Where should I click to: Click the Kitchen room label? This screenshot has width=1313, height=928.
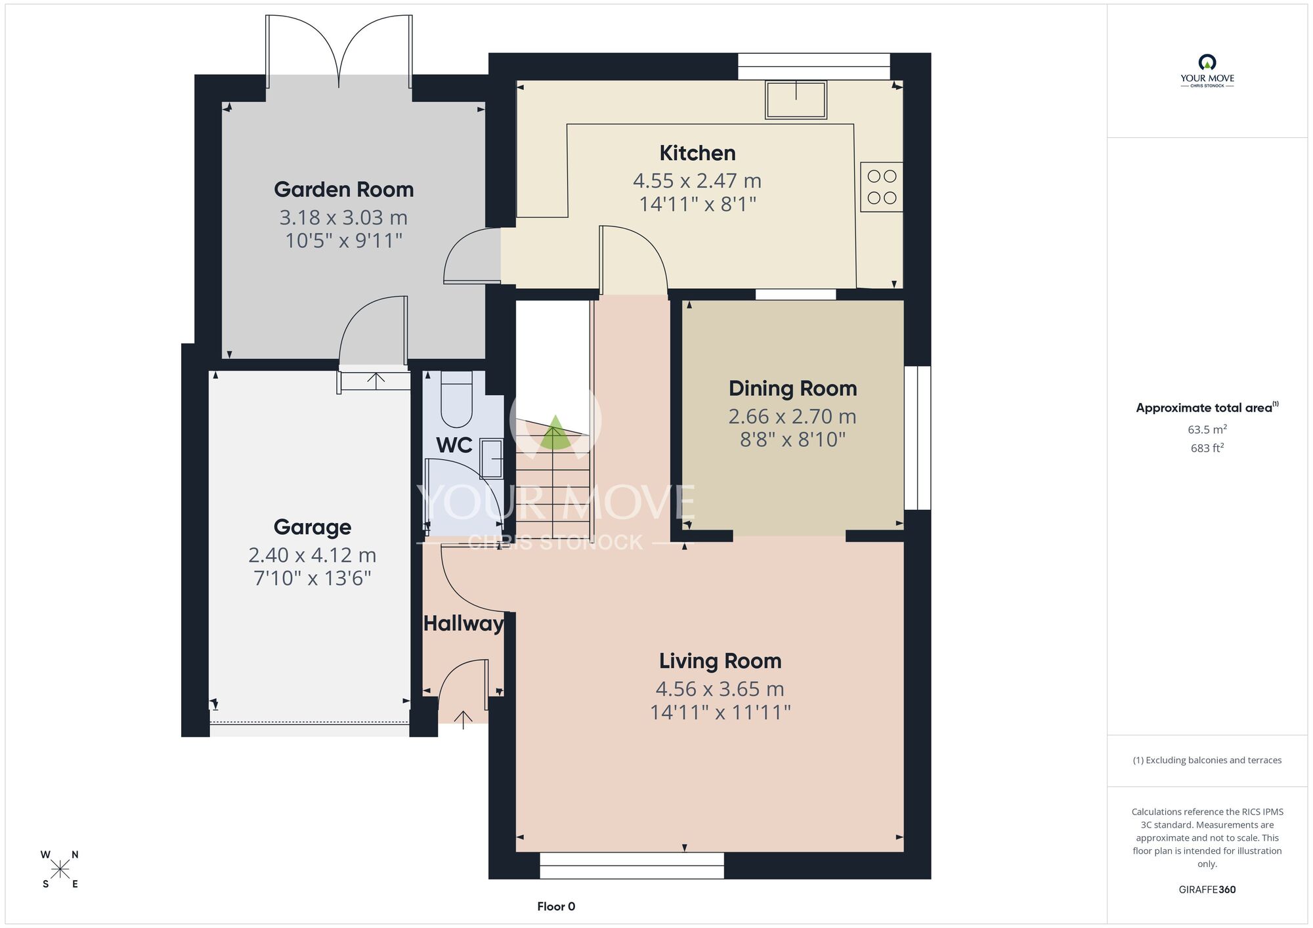coord(697,153)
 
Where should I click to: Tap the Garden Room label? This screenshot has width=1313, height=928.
coord(344,190)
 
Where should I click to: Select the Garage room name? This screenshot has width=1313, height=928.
coord(312,527)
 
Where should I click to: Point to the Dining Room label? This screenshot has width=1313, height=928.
coord(793,389)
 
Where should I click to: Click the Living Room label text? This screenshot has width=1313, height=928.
coord(720,661)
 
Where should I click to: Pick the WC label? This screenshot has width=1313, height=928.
coord(454,446)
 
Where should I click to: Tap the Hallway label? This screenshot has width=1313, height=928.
coord(463,623)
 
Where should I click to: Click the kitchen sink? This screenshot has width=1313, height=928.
coord(796,100)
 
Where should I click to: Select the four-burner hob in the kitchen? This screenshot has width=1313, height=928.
coord(882,187)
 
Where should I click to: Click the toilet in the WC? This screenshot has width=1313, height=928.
coord(456,400)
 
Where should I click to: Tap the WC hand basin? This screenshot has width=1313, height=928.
coord(491,459)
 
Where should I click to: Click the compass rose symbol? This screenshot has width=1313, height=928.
coord(60,870)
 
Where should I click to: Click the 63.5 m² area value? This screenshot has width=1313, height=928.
coord(1207,430)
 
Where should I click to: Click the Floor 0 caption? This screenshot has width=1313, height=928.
coord(556,906)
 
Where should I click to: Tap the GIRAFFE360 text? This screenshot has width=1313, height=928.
coord(1207,890)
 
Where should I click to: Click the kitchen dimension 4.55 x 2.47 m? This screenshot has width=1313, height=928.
coord(697,180)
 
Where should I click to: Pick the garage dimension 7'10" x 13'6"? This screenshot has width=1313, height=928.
coord(312,578)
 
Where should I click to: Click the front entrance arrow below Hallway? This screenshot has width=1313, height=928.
coord(463,719)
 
